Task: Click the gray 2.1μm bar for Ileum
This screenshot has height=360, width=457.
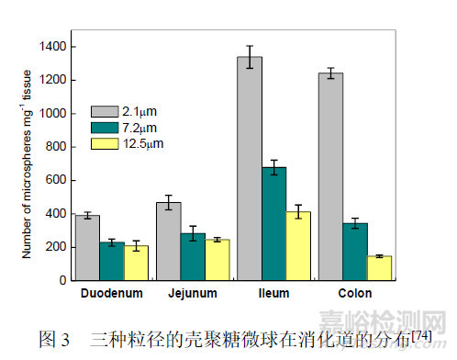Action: point(249,169)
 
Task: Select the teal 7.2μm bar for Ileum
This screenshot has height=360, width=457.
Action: point(273,224)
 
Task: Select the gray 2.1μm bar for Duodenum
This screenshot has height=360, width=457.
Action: point(87,248)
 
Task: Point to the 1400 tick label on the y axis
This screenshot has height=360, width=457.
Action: point(53,47)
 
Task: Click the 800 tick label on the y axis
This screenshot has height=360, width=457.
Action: point(57,147)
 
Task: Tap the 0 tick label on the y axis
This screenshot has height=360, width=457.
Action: point(63,280)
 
